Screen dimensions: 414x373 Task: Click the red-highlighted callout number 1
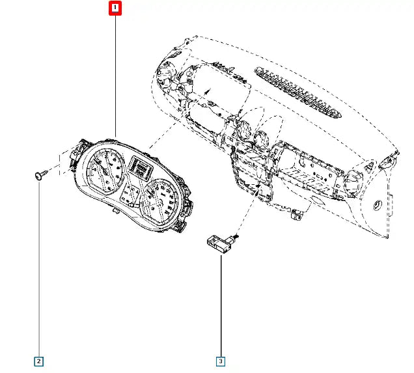(115, 8)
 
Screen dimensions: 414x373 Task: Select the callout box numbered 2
(38, 361)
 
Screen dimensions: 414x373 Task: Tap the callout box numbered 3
(221, 361)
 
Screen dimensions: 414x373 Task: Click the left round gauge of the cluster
(106, 172)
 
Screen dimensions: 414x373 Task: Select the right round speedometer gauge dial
(159, 202)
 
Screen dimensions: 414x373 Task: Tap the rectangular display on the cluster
(140, 168)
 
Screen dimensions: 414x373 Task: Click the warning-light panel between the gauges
(130, 195)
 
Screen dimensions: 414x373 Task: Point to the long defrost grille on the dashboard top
(298, 92)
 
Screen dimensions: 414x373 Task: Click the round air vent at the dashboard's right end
(353, 183)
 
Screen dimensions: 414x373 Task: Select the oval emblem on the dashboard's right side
(378, 205)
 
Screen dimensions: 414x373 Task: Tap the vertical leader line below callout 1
(115, 76)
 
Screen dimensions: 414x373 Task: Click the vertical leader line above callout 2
(39, 269)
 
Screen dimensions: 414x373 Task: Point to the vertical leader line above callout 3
(221, 305)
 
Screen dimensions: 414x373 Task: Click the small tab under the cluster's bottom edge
(115, 210)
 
